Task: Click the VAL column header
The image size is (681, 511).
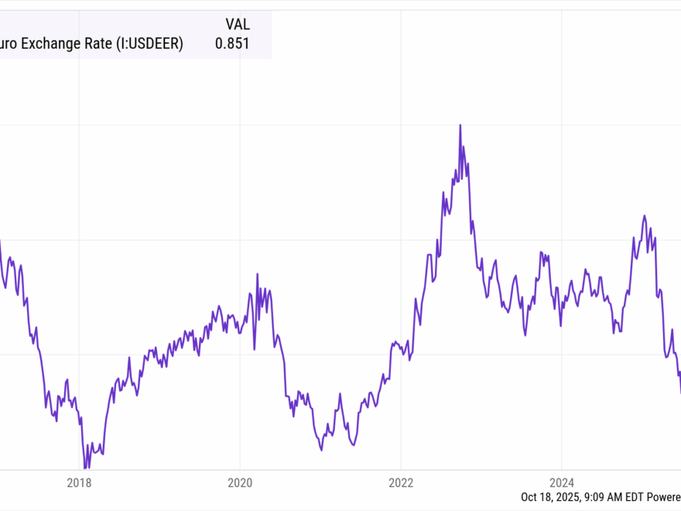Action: click(x=238, y=24)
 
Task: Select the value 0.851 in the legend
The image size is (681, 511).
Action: click(x=232, y=44)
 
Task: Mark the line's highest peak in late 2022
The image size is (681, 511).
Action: click(x=460, y=125)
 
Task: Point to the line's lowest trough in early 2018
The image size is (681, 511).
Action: click(x=86, y=468)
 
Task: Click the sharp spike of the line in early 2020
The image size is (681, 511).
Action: click(x=258, y=274)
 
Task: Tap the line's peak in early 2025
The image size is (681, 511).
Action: click(x=644, y=216)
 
